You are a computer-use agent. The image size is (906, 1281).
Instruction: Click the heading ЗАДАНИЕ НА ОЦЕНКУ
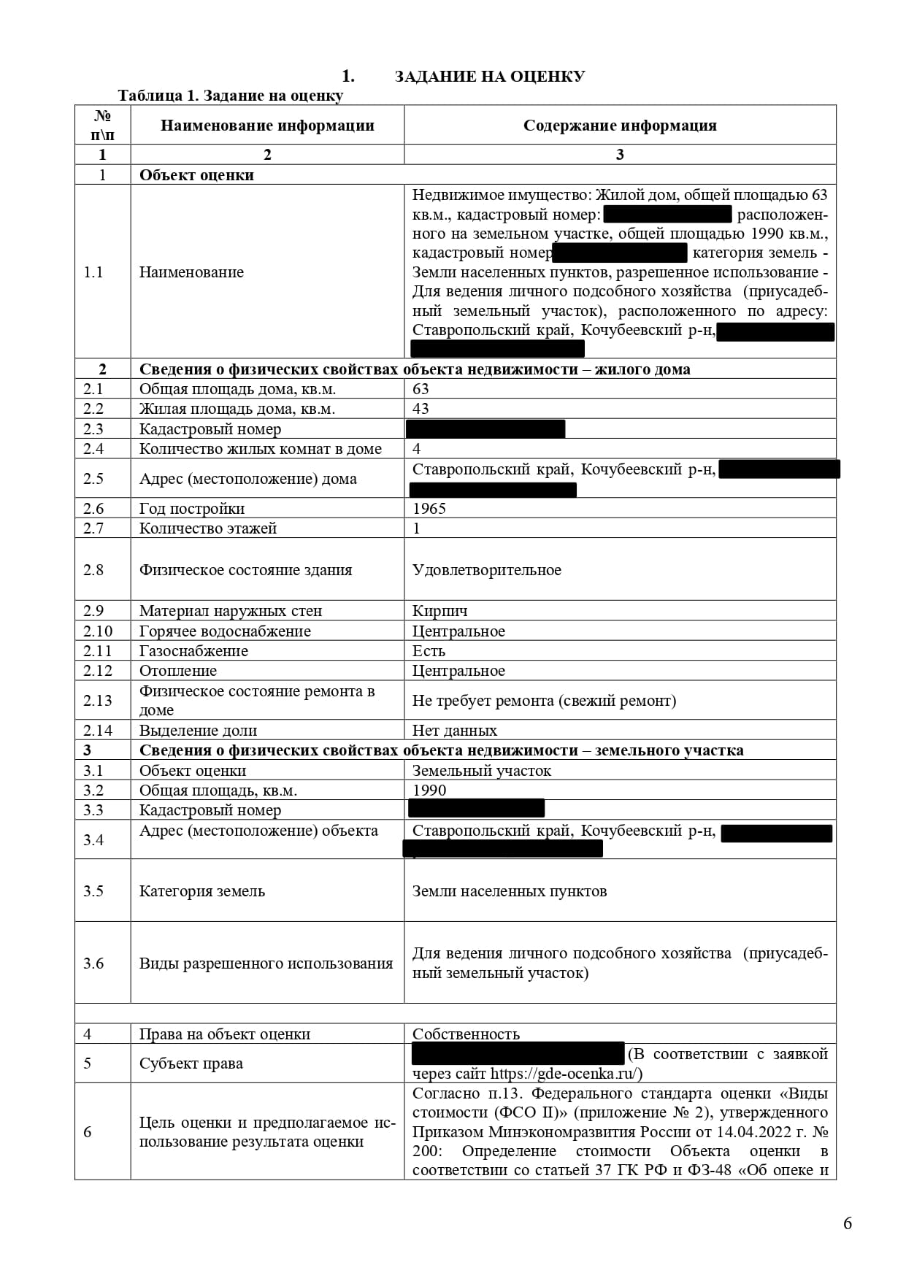click(x=489, y=77)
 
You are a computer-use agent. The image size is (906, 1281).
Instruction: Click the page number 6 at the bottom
click(x=847, y=1223)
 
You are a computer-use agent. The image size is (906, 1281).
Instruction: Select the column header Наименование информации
click(x=267, y=126)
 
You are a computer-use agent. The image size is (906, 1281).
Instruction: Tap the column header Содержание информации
click(x=620, y=126)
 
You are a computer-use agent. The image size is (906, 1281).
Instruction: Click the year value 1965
click(x=429, y=509)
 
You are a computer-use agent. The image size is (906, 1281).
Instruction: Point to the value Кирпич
click(x=439, y=611)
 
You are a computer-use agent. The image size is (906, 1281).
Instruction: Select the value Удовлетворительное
click(x=487, y=570)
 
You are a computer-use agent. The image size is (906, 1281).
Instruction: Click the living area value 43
click(x=421, y=409)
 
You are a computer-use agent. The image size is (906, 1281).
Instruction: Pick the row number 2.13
click(x=98, y=701)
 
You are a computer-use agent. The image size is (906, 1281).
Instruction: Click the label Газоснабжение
click(x=193, y=651)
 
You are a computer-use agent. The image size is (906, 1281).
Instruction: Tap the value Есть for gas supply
click(x=429, y=651)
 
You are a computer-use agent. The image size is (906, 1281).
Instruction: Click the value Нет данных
click(x=455, y=731)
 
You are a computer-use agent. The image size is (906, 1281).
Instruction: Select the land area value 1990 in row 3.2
click(x=429, y=790)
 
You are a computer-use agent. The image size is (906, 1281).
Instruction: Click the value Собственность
click(x=466, y=1034)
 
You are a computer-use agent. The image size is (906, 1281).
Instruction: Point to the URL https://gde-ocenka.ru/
click(x=566, y=1074)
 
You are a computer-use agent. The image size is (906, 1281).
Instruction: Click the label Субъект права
click(x=191, y=1063)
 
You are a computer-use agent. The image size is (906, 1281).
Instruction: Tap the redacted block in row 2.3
click(x=485, y=429)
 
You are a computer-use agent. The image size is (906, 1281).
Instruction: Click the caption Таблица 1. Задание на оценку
click(x=231, y=96)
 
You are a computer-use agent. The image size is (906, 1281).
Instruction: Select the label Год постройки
click(x=192, y=509)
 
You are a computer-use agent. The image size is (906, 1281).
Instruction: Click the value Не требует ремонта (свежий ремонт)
click(x=544, y=701)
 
